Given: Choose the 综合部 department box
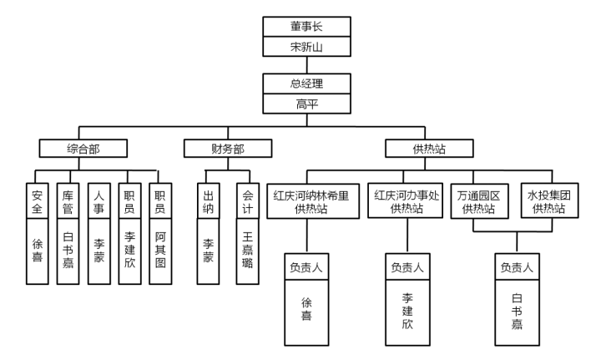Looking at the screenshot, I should click(x=83, y=150).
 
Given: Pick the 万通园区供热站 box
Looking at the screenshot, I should click(x=480, y=201).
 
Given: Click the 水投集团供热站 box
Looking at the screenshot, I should click(x=549, y=201).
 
